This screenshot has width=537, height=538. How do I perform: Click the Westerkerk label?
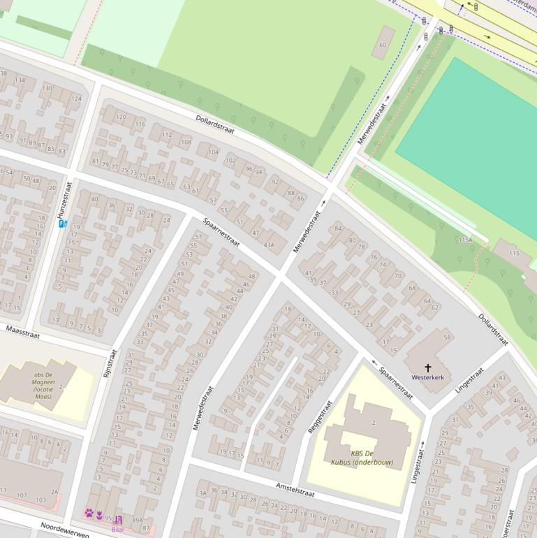click(427, 377)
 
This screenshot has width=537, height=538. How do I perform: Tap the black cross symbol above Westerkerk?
click(428, 367)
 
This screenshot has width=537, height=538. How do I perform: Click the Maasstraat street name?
click(23, 331)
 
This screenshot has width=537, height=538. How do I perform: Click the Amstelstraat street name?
click(295, 488)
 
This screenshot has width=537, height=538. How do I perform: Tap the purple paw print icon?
click(89, 514)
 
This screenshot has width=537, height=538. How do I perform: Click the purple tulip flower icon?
click(100, 516)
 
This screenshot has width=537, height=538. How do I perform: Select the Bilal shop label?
click(117, 529)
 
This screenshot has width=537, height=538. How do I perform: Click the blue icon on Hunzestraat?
click(62, 224)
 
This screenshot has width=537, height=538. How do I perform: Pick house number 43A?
click(269, 245)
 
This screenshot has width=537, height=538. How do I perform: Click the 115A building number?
click(465, 240)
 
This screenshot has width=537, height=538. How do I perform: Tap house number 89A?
click(138, 520)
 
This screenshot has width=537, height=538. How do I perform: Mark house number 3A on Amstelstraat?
click(203, 493)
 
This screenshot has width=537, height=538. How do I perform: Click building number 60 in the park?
click(382, 45)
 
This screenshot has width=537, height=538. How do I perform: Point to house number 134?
click(20, 80)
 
